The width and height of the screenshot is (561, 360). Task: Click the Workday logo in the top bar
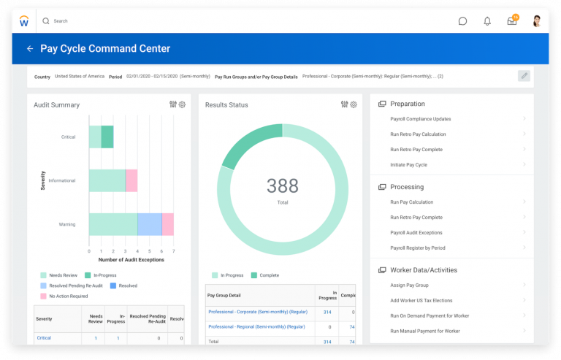click(24, 20)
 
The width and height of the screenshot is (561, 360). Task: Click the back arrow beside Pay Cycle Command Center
click(30, 49)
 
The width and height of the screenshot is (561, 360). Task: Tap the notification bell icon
click(487, 21)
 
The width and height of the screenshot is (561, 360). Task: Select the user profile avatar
click(537, 20)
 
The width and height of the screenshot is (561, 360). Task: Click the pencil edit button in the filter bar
click(523, 76)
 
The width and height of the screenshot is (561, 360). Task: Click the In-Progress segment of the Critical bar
click(107, 137)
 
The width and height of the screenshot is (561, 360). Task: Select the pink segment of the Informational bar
click(131, 180)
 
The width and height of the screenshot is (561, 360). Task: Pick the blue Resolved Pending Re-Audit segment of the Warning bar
click(150, 224)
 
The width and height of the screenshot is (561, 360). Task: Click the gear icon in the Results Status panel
click(354, 104)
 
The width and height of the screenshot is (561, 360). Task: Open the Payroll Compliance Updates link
click(420, 119)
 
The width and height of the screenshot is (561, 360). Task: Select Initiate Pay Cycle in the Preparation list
click(408, 165)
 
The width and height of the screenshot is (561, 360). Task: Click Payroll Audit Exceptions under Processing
click(416, 233)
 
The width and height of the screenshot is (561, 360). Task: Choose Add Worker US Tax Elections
click(421, 301)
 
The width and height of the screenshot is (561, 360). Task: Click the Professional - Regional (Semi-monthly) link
click(257, 326)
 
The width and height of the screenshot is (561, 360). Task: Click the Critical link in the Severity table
click(44, 338)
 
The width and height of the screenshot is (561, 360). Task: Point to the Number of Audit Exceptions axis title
click(131, 260)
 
